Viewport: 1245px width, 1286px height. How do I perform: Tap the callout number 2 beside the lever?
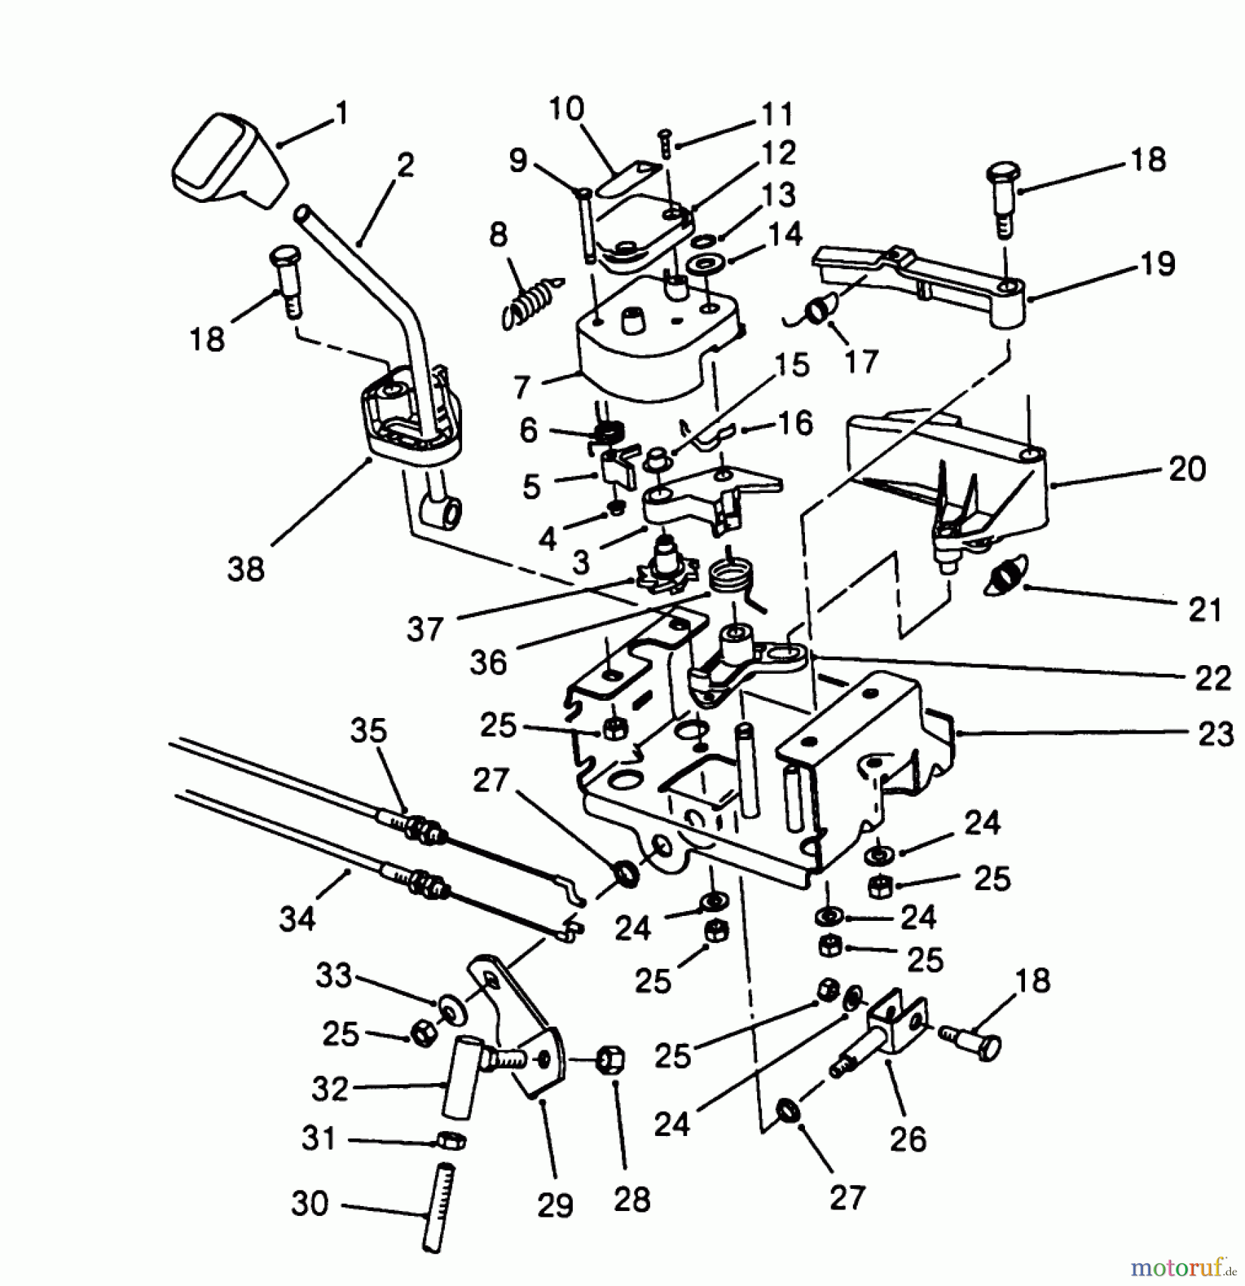click(404, 166)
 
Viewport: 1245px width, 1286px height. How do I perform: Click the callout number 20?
click(1187, 469)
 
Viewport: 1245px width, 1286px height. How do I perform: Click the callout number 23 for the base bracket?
click(1215, 734)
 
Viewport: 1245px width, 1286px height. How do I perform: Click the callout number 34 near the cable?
click(297, 918)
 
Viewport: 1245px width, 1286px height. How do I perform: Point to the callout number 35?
click(369, 731)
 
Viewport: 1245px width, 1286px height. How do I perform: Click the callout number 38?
click(246, 569)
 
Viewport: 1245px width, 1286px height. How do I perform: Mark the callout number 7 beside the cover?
click(522, 387)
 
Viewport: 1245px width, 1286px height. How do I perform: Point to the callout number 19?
click(1158, 264)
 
